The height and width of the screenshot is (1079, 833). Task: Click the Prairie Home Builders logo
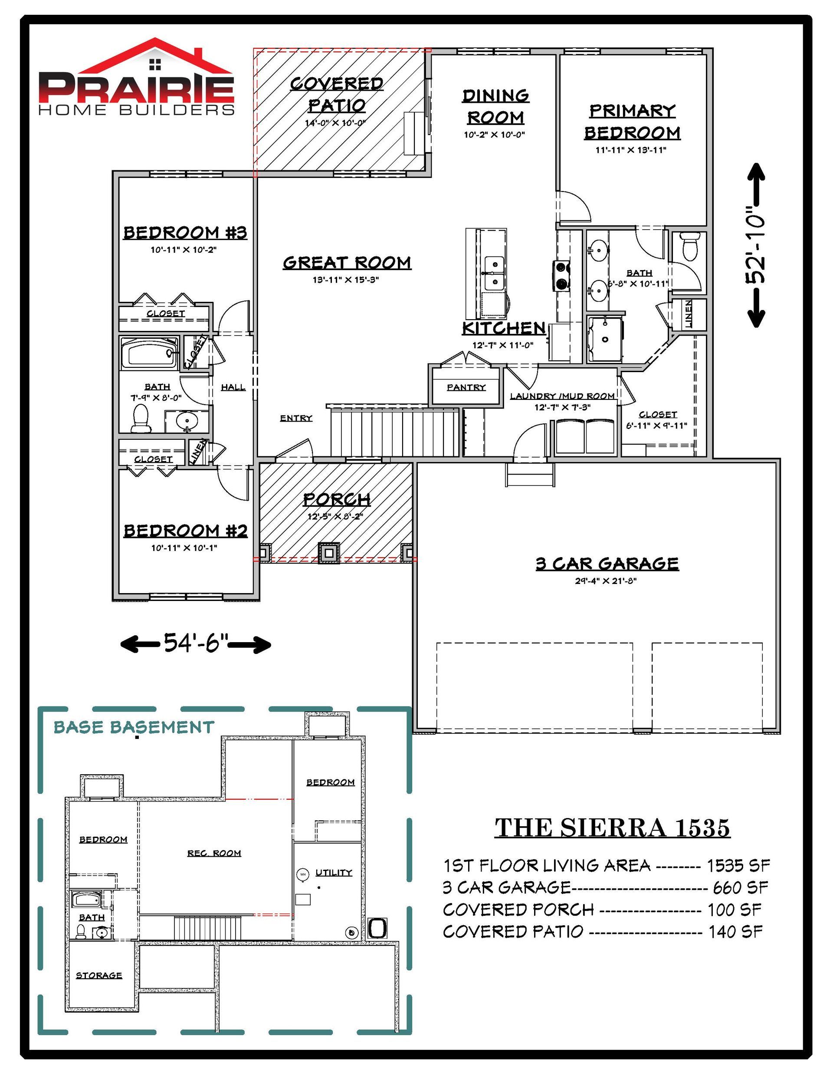[x=136, y=78]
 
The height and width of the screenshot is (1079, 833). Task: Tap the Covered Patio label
[x=337, y=94]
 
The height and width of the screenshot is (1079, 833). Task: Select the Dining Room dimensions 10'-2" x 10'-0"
[x=494, y=134]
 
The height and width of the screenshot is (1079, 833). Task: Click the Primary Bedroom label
[x=632, y=122]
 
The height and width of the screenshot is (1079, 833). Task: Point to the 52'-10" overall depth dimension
[x=755, y=245]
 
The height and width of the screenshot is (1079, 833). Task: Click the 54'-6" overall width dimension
[x=196, y=643]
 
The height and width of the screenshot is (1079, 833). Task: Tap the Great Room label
[x=347, y=262]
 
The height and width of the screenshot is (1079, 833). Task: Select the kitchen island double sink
[x=493, y=274]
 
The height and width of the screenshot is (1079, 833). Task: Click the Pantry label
[x=466, y=387]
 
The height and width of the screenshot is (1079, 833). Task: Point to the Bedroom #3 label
[x=185, y=232]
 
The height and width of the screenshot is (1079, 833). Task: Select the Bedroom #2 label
[x=185, y=530]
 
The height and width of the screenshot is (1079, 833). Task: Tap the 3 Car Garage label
[x=607, y=563]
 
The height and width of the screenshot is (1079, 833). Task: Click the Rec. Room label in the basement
[x=214, y=853]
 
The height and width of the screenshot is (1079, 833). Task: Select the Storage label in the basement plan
[x=99, y=975]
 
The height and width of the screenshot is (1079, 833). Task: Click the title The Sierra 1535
[x=612, y=828]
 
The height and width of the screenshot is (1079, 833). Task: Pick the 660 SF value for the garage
[x=740, y=888]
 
